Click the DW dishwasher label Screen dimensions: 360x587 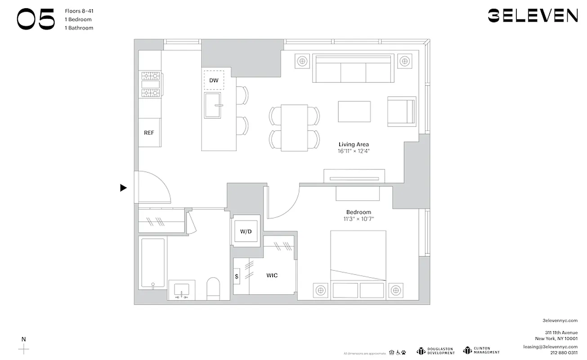tap(214, 81)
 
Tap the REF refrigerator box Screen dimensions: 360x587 tap(149, 132)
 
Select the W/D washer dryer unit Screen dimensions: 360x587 tap(246, 231)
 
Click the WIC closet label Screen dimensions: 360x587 tap(272, 275)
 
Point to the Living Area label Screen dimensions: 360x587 tap(354, 144)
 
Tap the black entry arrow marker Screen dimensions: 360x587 tap(123, 188)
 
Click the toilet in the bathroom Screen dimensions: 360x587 tap(213, 288)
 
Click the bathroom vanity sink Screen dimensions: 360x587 tap(182, 290)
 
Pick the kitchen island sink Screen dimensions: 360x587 tap(213, 105)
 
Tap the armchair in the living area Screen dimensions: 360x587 tap(402, 111)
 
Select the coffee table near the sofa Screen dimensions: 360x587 tap(354, 111)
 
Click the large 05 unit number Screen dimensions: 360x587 tap(36, 19)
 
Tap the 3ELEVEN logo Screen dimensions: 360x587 tap(533, 16)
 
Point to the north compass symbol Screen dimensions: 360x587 tap(24, 348)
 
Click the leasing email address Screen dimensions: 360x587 tap(550, 346)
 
